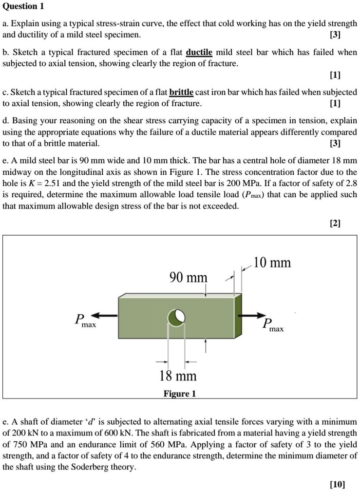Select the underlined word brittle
(181, 92)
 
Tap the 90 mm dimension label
(188, 278)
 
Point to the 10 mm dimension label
(272, 263)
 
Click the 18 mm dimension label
(178, 376)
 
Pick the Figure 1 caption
(179, 394)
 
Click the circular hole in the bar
(176, 317)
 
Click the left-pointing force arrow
(104, 316)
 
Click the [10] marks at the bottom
(337, 484)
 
